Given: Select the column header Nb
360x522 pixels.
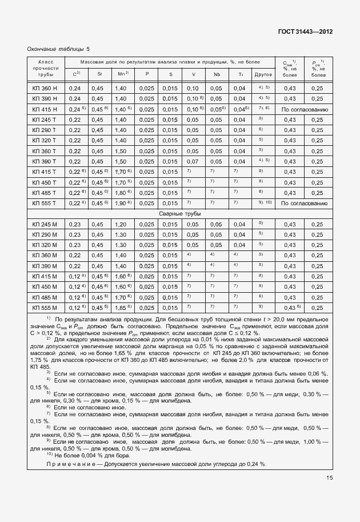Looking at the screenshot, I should pos(217,74).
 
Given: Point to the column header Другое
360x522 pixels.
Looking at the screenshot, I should pos(262,74).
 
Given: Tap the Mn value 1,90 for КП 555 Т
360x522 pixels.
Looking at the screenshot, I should pos(121,203).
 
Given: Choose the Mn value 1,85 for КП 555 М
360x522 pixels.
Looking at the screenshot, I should pos(121,308).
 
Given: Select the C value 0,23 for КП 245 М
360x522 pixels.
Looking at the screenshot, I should pos(74,224).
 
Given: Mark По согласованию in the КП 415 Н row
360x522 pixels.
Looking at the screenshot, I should pos(303,109).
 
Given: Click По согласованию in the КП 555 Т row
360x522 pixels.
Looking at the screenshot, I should pos(303,203).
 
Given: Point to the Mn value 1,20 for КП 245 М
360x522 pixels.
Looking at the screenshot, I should pos(121,224).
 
